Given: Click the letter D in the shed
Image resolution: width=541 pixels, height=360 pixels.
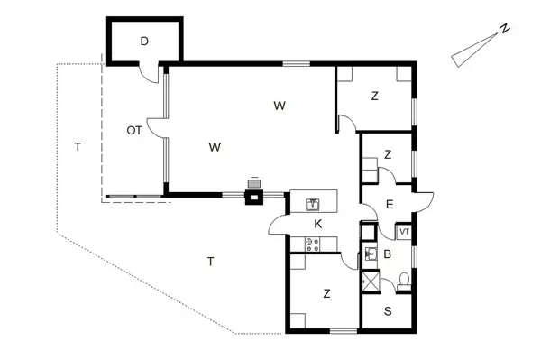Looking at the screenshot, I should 144,41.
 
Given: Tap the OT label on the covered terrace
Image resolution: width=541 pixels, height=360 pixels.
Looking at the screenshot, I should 134,131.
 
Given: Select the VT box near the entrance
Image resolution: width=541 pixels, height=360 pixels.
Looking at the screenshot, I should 404,231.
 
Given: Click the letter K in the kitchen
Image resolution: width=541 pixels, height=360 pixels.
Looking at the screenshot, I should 317,223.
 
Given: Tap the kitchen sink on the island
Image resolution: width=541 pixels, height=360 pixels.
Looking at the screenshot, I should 315,204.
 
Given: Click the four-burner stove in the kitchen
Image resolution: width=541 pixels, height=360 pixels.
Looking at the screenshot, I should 313,243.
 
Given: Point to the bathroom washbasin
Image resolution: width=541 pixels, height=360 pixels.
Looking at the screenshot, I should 371,255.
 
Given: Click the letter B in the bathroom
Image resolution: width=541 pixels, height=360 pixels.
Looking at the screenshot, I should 387,254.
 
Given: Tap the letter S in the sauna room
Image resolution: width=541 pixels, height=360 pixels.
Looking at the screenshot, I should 388,312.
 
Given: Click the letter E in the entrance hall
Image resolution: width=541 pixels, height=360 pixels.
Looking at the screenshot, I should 389,205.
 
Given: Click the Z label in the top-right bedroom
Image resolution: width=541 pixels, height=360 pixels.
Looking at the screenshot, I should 374,97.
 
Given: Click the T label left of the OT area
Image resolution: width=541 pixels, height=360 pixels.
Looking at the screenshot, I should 78,146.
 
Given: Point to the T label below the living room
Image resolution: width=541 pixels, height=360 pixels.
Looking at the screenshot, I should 210,262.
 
